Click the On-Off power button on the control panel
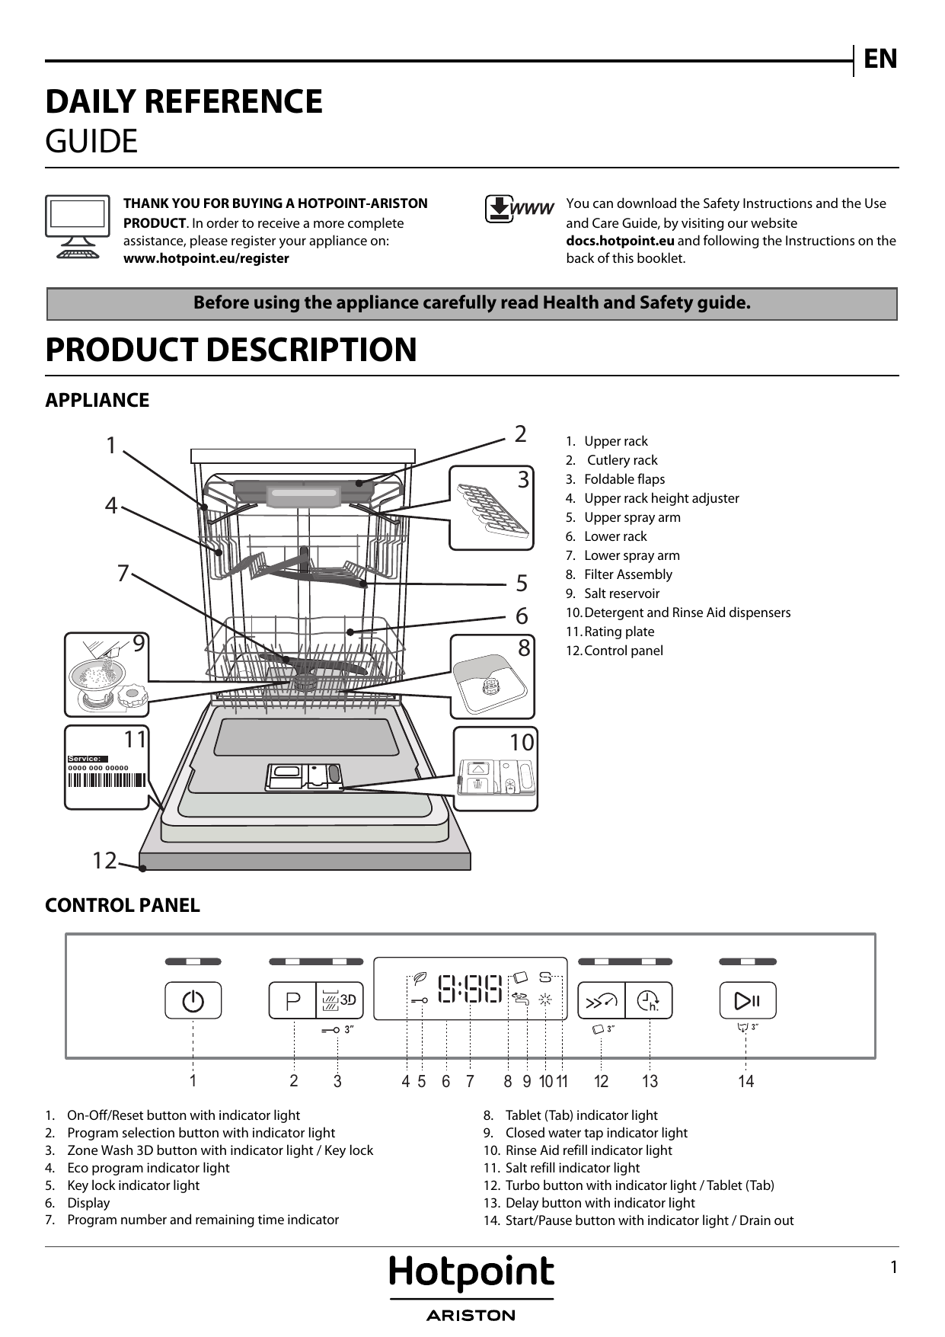[x=193, y=1000]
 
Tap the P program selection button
[x=292, y=1000]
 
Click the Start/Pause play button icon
[x=747, y=1000]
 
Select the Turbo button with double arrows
[x=602, y=1001]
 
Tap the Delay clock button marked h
[x=649, y=1001]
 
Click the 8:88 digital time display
[x=470, y=990]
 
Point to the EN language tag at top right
[x=880, y=59]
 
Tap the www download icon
[x=519, y=209]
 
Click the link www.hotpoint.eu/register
[x=206, y=258]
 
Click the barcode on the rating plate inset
[x=107, y=779]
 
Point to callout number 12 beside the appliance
[x=104, y=861]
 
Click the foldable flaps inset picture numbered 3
[x=491, y=507]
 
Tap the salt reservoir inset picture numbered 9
[x=107, y=675]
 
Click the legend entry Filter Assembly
[x=627, y=574]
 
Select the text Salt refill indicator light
[x=572, y=1168]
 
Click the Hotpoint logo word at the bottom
[x=471, y=1274]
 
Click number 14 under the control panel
[x=745, y=1081]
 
